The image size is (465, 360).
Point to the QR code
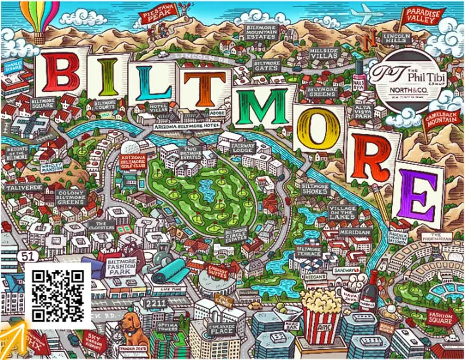click(x=58, y=295)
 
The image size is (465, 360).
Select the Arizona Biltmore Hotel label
click(x=182, y=127)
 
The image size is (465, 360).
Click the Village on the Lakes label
click(x=342, y=212)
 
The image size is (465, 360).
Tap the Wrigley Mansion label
click(x=52, y=167)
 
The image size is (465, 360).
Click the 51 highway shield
click(x=29, y=256)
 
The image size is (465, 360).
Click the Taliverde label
click(x=20, y=187)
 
